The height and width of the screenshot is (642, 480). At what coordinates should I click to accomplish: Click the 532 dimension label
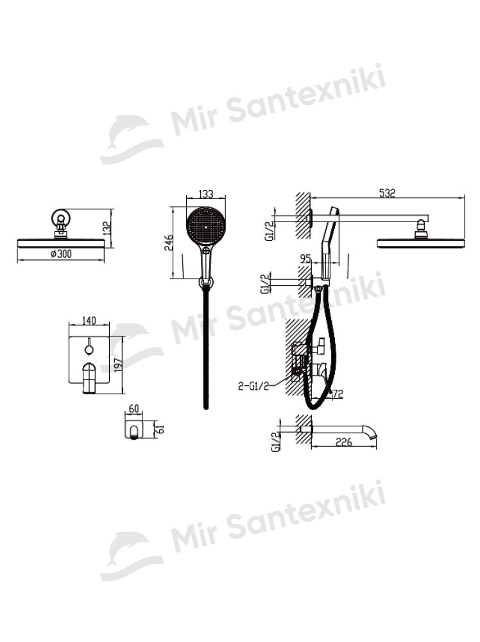pos(387,193)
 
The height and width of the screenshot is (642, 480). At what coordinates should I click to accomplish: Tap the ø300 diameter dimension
pos(61,254)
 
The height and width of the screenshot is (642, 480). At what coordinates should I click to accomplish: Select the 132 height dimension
pos(107,228)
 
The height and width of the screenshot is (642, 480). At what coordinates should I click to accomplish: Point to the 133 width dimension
pos(206,194)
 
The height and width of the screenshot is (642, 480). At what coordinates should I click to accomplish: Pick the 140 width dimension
pos(89,320)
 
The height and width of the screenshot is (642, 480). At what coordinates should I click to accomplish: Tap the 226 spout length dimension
pos(343,442)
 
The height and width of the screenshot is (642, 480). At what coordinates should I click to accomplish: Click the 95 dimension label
pos(305,259)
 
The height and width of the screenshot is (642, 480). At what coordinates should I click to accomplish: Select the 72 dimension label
pos(338,394)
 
